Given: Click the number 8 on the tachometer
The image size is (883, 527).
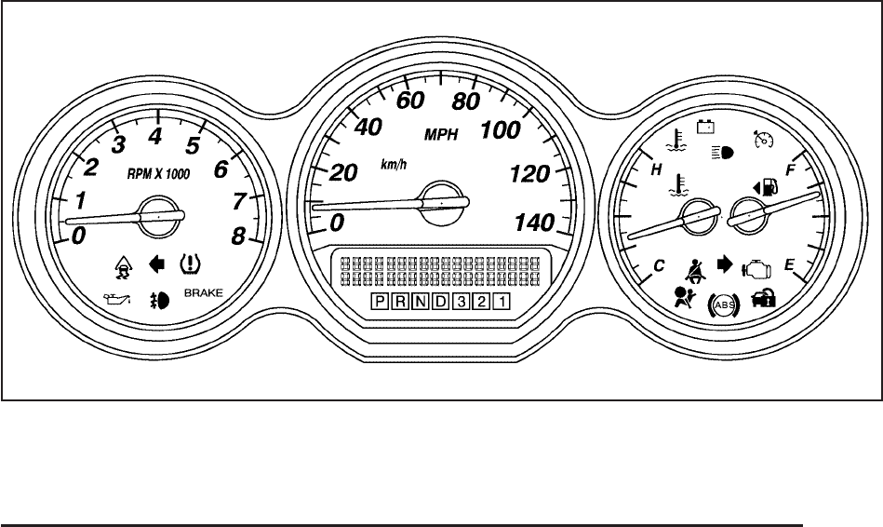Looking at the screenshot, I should (239, 236).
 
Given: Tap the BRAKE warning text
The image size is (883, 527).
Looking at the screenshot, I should (205, 294).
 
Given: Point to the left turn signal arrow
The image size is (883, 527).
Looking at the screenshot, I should (156, 263).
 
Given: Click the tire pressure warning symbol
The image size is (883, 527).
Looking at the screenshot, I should (190, 263).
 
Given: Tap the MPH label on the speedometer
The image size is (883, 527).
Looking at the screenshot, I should (442, 134).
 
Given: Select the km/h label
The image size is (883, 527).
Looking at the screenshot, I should (394, 164).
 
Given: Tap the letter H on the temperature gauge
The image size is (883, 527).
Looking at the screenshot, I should (656, 170).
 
